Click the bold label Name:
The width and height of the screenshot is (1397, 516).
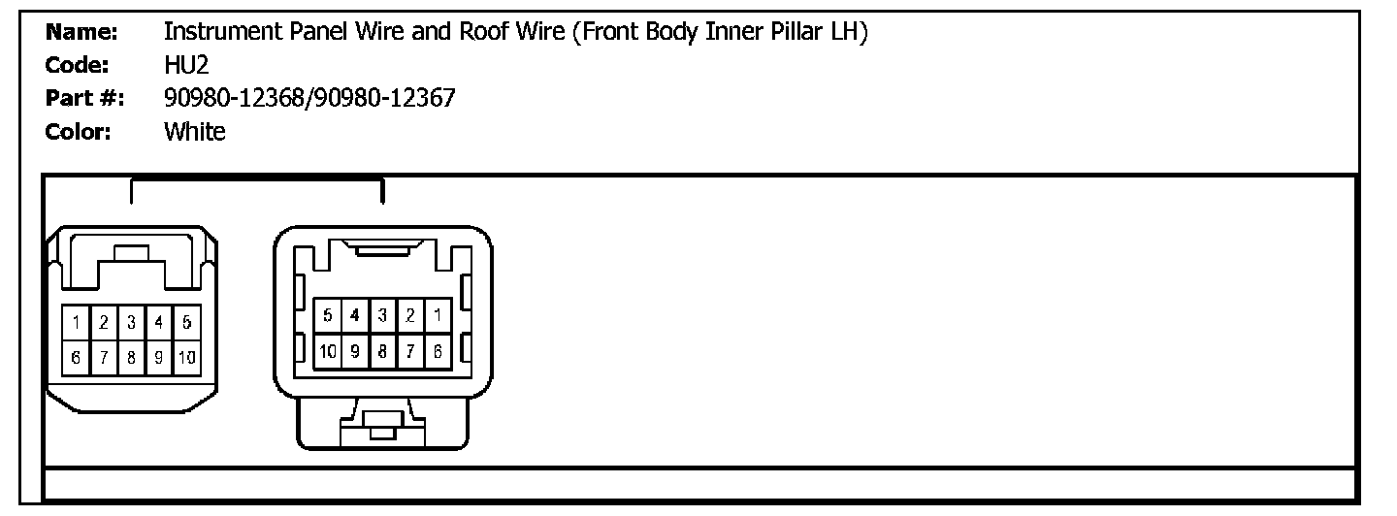click(82, 32)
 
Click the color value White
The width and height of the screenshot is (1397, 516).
click(195, 131)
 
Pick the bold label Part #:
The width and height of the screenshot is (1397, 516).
click(82, 98)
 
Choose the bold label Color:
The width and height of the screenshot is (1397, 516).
click(79, 131)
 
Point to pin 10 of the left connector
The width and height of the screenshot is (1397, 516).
click(186, 357)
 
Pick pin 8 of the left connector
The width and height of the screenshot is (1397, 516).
click(131, 357)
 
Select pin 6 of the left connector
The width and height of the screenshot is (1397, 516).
click(75, 357)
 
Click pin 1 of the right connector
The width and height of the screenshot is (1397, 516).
click(438, 315)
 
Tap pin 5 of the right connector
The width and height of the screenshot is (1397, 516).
click(328, 315)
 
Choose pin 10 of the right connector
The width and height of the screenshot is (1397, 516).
click(328, 349)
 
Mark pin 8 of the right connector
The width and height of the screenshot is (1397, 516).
click(383, 349)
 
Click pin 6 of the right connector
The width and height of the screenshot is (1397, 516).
click(438, 349)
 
